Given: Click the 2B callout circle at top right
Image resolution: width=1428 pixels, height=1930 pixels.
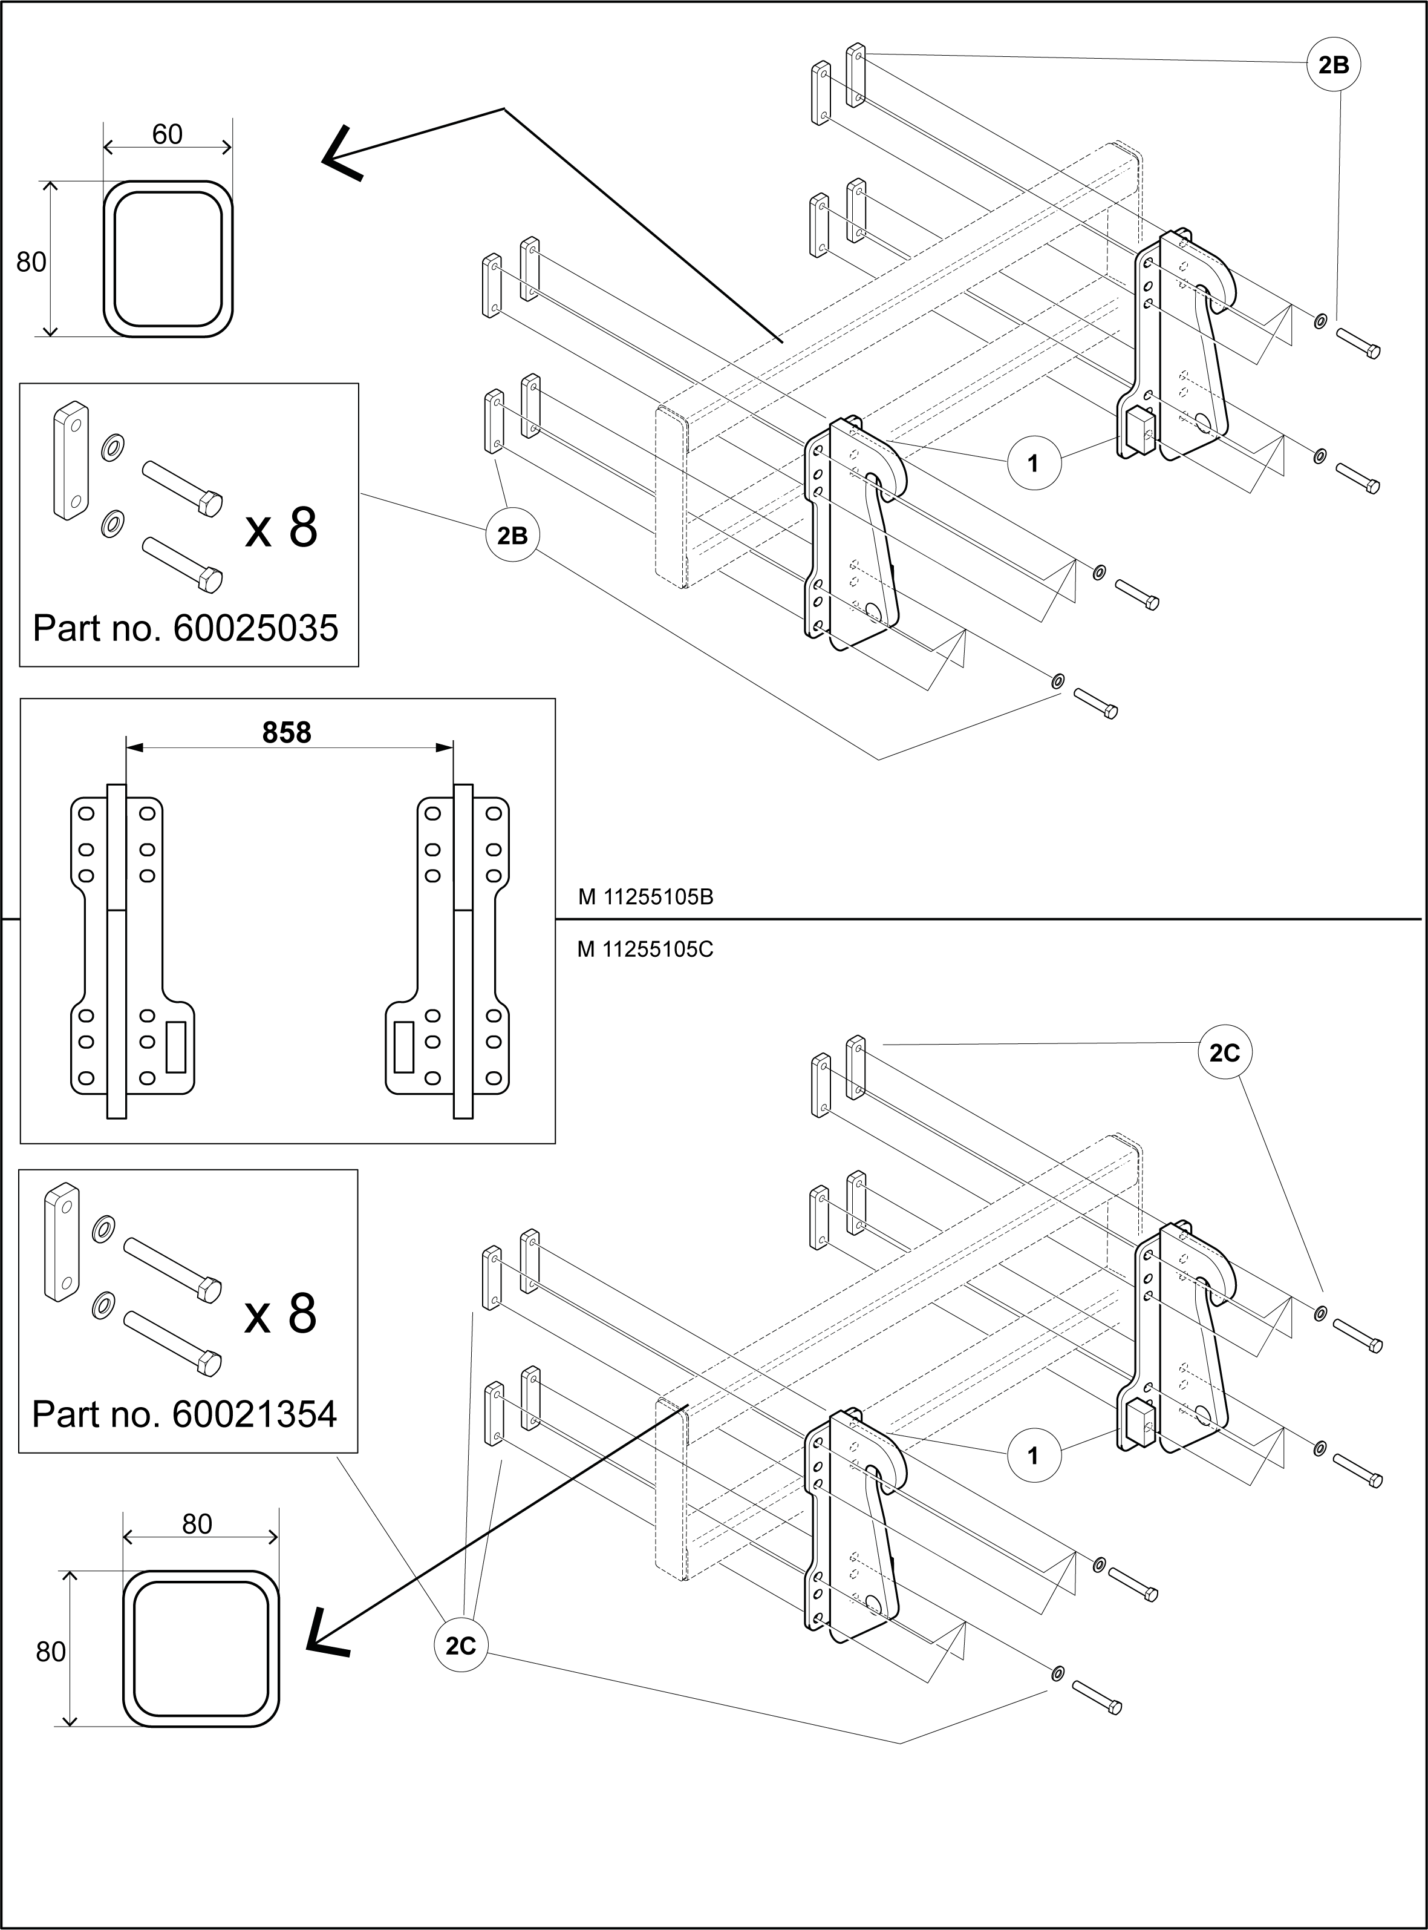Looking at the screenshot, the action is (1334, 65).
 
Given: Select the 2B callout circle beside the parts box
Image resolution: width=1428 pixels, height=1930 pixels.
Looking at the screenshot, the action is (513, 536).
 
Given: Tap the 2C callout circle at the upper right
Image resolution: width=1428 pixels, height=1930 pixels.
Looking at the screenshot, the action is (1225, 1052).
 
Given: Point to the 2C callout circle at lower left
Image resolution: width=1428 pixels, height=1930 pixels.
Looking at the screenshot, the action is (461, 1646).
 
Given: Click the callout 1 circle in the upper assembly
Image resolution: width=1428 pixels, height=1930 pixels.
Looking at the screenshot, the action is (1033, 464).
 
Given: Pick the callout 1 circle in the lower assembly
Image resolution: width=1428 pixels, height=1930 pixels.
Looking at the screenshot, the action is (1033, 1456).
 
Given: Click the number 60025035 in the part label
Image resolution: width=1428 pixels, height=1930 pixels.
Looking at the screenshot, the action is (256, 629).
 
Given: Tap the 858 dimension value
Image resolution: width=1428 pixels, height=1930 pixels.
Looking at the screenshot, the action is (286, 734).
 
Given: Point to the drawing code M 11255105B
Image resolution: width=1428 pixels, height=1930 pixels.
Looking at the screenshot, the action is (646, 898).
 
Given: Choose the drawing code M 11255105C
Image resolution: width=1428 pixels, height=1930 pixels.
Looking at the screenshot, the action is (646, 950).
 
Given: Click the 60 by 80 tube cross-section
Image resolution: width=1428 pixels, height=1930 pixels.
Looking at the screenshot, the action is (169, 258).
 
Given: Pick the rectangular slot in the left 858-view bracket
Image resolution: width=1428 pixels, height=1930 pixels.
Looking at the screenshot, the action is (177, 1047).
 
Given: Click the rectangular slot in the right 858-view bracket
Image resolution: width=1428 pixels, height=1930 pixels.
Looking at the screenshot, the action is (403, 1047).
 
